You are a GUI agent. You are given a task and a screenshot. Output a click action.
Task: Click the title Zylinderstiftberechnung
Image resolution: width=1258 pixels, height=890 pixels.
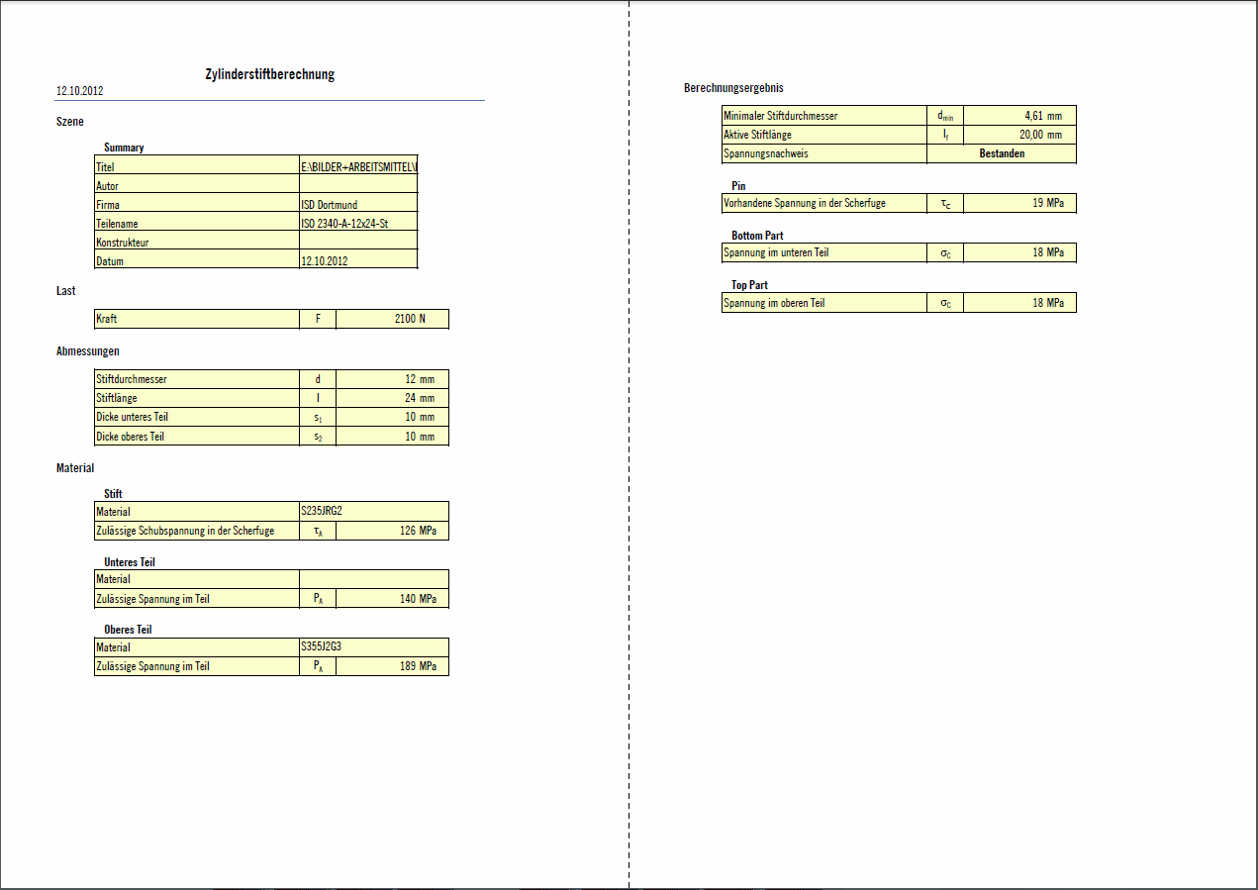pyautogui.click(x=269, y=74)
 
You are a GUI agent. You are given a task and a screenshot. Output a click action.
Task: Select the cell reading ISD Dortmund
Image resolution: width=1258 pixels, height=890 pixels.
pyautogui.click(x=329, y=205)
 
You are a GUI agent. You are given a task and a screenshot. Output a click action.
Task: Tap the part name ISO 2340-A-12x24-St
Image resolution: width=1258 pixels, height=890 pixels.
pyautogui.click(x=343, y=224)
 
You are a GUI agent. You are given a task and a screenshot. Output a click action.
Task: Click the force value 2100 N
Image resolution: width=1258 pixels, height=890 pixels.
pyautogui.click(x=410, y=319)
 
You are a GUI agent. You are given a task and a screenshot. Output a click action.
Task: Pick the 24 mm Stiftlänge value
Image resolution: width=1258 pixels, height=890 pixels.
pyautogui.click(x=420, y=398)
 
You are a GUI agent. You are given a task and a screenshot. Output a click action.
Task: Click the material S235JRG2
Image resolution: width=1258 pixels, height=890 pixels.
pyautogui.click(x=322, y=512)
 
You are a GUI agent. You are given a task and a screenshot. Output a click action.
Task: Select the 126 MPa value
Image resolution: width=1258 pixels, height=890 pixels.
pyautogui.click(x=416, y=531)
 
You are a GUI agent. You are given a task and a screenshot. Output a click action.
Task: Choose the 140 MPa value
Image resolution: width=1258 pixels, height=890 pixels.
pyautogui.click(x=416, y=599)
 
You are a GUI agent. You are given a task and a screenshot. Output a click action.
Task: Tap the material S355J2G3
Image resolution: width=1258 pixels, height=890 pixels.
pyautogui.click(x=322, y=647)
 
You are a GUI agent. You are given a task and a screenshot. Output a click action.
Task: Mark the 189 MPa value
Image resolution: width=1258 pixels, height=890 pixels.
pyautogui.click(x=416, y=666)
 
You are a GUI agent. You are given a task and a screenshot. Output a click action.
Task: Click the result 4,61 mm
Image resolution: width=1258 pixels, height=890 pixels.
pyautogui.click(x=1043, y=116)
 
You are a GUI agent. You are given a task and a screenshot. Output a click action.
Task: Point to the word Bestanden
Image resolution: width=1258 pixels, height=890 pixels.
pyautogui.click(x=1002, y=153)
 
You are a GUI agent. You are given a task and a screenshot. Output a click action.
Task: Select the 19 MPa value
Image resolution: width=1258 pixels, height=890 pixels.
pyautogui.click(x=1048, y=203)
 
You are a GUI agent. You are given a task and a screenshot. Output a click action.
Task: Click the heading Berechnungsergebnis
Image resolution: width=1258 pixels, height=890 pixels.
pyautogui.click(x=733, y=88)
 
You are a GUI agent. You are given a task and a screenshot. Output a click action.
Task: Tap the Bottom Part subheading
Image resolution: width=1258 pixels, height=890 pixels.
pyautogui.click(x=757, y=236)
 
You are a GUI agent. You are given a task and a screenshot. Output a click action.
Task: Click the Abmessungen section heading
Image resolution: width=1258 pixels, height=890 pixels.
pyautogui.click(x=88, y=350)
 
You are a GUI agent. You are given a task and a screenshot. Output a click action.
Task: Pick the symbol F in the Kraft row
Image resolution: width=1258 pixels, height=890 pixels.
pyautogui.click(x=318, y=319)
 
